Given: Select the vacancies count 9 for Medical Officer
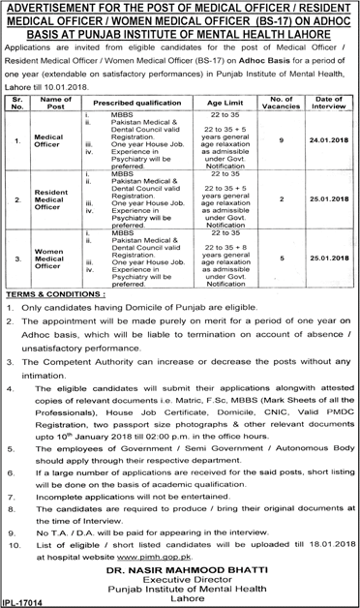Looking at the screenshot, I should pos(281,140).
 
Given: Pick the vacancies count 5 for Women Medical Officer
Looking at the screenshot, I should pos(281,258).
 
